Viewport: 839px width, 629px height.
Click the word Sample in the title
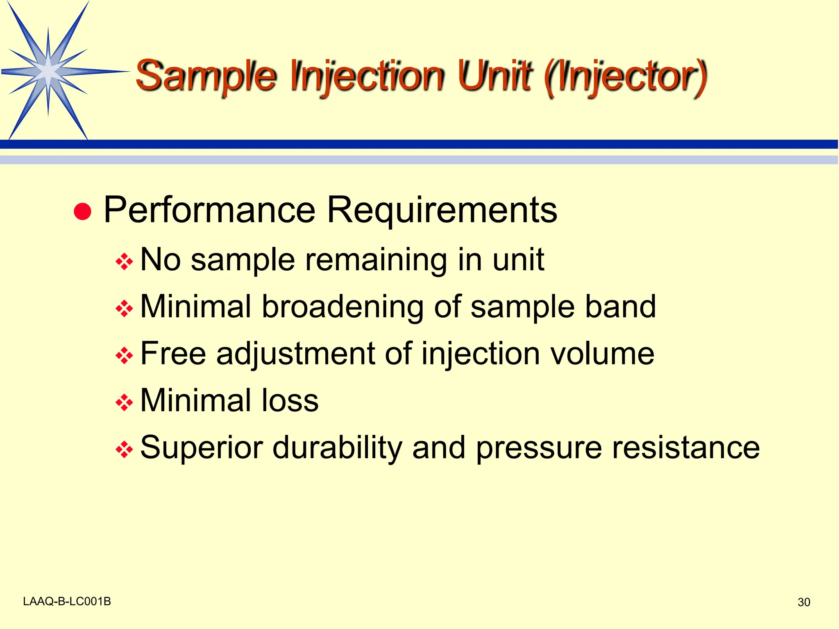206,76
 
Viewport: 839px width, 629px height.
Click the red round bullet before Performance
82,211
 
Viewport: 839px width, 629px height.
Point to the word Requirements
442,210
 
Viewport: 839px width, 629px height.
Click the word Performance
209,210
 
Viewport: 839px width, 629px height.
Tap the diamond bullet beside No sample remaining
124,262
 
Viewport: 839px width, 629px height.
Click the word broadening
342,307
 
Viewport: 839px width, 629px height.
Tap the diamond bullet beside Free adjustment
124,355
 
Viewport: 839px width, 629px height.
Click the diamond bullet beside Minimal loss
124,402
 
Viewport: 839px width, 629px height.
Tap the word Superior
201,448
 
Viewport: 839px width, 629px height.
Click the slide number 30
804,602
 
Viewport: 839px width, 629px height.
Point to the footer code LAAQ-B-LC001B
67,601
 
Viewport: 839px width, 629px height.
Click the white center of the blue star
48,72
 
